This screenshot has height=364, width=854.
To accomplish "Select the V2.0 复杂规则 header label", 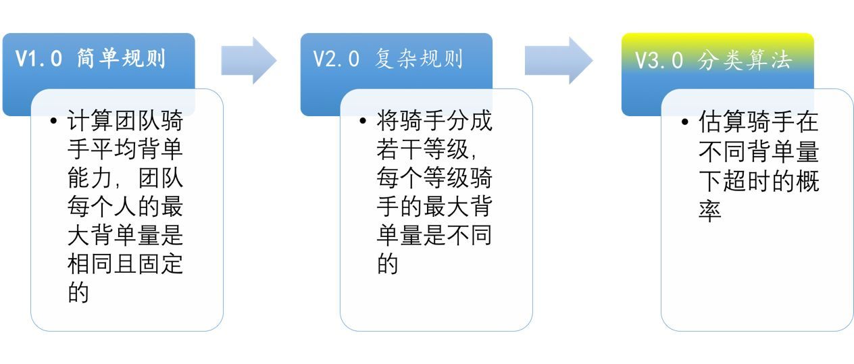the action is point(388,59).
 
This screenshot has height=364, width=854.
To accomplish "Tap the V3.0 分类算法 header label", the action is point(713,59).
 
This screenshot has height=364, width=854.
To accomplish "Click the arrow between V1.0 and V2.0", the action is point(249,60).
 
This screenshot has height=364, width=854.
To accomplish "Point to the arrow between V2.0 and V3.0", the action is point(558,60).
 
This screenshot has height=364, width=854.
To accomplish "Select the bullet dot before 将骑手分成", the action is point(364,123).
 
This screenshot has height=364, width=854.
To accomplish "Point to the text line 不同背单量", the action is point(758,151).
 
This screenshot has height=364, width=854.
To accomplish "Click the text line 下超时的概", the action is point(758,180).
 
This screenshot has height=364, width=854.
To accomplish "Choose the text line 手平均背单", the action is point(125,151).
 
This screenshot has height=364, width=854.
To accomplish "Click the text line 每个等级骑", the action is point(434,180).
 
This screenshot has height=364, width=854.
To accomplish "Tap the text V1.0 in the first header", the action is point(39,59).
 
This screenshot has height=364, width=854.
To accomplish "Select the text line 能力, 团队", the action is point(125,180).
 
